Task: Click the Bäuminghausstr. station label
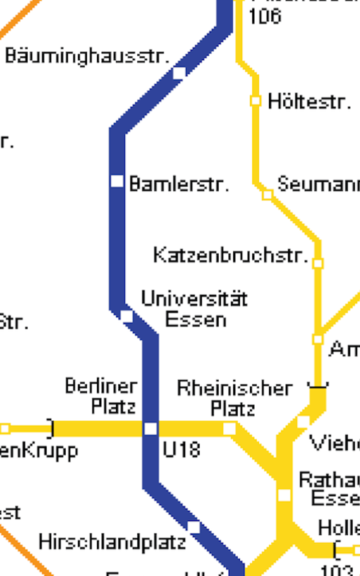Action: tap(87, 56)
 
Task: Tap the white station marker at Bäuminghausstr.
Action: tap(179, 72)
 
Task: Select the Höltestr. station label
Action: tap(309, 102)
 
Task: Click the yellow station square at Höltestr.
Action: tap(256, 101)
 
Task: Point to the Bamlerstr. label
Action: tap(179, 184)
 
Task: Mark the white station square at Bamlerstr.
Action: tap(117, 181)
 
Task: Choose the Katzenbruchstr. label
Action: tap(230, 255)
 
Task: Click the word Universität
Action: tap(194, 299)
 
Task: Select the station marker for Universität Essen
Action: tap(126, 316)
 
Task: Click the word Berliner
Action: tap(101, 386)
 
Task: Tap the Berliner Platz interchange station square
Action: tap(150, 429)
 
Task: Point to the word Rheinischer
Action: tap(234, 388)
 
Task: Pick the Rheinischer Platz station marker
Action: tap(229, 429)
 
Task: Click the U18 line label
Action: tap(181, 450)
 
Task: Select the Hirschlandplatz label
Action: tap(112, 542)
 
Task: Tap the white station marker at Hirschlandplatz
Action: tap(193, 526)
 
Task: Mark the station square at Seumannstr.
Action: tap(267, 195)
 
